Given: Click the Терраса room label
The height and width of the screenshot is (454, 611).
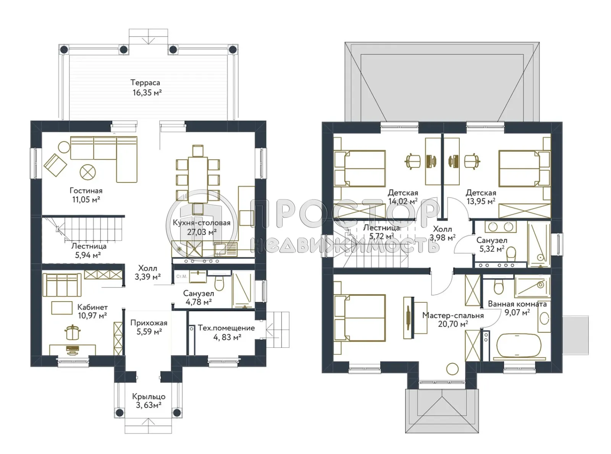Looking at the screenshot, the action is [x=145, y=83].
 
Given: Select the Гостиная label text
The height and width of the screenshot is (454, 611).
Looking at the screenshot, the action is [x=86, y=190].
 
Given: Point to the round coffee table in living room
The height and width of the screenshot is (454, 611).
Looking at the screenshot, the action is [x=87, y=172].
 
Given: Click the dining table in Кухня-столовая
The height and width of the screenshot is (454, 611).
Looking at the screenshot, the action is [x=198, y=180].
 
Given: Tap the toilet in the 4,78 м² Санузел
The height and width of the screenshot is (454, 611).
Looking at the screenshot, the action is [x=219, y=284].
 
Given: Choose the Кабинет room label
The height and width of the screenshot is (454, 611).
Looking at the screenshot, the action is [x=92, y=307].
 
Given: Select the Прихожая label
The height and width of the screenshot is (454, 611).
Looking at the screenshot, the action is [x=149, y=323].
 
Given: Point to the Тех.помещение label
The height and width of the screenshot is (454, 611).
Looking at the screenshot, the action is [x=226, y=328].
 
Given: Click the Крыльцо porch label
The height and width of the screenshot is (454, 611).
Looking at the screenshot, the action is [x=149, y=397].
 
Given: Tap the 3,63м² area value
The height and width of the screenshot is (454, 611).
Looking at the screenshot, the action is [x=149, y=405].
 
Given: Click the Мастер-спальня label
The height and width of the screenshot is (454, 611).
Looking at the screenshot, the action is [x=453, y=315].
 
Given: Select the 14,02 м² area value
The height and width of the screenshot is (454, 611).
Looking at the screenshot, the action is [x=403, y=201].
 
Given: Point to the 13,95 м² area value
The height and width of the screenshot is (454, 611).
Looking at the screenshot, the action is [x=481, y=201].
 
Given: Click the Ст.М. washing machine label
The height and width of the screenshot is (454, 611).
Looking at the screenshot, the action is [x=181, y=276].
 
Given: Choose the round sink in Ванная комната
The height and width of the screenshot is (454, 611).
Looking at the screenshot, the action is [x=544, y=319].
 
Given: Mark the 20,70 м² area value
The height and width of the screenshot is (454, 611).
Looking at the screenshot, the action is [x=453, y=324].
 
